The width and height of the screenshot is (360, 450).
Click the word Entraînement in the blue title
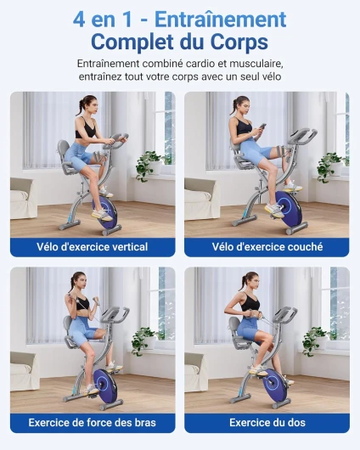220,20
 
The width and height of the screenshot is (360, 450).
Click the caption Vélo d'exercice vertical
93,247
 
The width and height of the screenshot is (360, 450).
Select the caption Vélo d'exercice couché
267,247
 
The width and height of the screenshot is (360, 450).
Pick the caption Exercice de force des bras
93,423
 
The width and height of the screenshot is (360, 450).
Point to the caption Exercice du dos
267,423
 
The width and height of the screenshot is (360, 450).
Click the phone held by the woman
262,126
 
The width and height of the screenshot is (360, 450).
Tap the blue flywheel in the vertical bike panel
104,211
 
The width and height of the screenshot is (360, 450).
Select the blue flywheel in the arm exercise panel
105,385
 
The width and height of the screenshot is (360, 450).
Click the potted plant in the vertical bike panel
149,165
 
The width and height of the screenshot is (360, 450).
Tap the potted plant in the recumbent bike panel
331,167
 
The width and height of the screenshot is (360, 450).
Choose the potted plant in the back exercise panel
316,340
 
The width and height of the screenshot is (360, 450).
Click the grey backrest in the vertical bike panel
63,150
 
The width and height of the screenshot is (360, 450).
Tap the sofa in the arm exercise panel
25,371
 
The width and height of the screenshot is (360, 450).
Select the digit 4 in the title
79,20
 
